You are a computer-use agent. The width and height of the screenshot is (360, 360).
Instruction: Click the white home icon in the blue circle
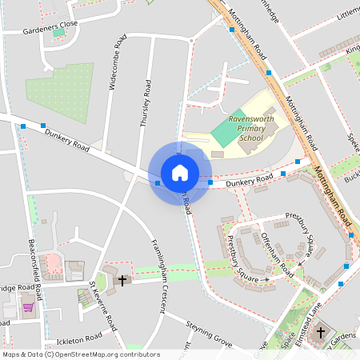[180, 173]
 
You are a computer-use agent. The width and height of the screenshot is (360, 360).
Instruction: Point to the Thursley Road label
[145, 103]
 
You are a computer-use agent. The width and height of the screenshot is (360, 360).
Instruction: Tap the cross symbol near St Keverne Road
[123, 280]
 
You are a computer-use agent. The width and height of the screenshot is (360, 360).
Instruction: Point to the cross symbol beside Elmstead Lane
[321, 331]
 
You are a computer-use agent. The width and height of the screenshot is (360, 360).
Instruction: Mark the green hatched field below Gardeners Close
[60, 93]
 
